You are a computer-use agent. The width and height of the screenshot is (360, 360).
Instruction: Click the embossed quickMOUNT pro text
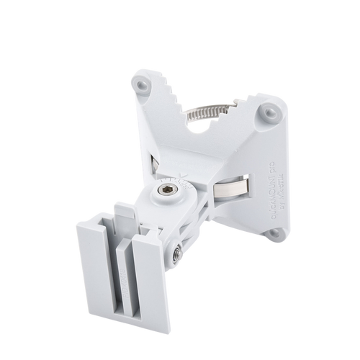287,166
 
